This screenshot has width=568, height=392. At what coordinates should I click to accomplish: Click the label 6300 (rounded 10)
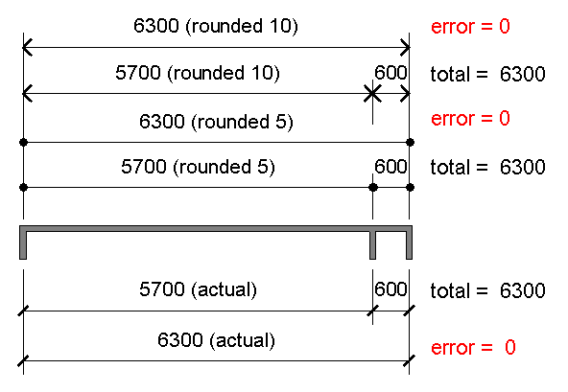point(216,26)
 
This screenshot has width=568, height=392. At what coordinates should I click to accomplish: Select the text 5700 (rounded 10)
point(198,73)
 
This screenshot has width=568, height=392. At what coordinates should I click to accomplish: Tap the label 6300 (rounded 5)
point(216,122)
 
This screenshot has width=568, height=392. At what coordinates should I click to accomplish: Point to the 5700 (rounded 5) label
point(199,167)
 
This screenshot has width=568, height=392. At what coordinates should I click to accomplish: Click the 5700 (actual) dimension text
point(199,289)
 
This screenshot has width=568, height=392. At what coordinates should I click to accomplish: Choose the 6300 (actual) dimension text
point(216,340)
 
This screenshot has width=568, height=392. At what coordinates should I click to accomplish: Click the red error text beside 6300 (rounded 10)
point(470,27)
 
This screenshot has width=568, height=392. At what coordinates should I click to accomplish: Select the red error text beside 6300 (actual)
point(473,348)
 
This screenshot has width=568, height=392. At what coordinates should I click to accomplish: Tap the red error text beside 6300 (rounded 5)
point(470,118)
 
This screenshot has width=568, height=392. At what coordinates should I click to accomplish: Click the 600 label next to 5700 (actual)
point(390,289)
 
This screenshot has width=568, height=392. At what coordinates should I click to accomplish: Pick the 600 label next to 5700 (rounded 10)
point(390,73)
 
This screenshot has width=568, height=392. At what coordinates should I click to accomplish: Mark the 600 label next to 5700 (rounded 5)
point(390,167)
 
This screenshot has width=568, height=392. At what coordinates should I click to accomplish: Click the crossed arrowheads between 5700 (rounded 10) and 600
point(372,94)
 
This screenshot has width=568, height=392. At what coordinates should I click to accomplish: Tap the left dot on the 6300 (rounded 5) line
point(24,142)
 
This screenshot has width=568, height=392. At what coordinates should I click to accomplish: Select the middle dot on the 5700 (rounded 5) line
point(372,188)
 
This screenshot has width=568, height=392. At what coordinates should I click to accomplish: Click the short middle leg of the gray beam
point(372,245)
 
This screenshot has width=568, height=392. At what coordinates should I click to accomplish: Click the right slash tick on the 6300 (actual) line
point(410,361)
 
